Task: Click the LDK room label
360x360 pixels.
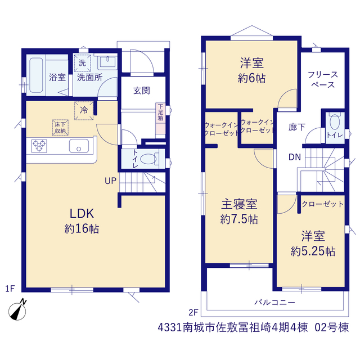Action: point(82,214)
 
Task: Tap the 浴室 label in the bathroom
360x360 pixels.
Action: point(57,77)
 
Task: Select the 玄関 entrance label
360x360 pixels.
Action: point(142,91)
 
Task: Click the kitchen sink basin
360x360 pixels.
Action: point(79,146)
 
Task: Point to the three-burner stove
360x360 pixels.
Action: point(39,146)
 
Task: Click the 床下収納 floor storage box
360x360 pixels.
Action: point(60,128)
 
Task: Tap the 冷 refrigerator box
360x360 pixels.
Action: point(84,110)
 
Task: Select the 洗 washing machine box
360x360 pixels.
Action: point(82,63)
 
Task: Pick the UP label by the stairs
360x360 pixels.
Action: point(110,181)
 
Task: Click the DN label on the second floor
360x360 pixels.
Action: point(295,157)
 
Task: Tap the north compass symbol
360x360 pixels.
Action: point(17,310)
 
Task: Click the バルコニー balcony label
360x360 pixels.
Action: point(274,303)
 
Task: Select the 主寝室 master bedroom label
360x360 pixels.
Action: point(239,204)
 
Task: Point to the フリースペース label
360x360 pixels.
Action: point(322,80)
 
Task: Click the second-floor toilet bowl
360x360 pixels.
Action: point(335,122)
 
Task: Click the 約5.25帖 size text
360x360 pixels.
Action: point(313,251)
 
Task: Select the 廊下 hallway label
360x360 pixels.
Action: point(297,127)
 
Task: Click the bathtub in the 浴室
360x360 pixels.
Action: point(36,75)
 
